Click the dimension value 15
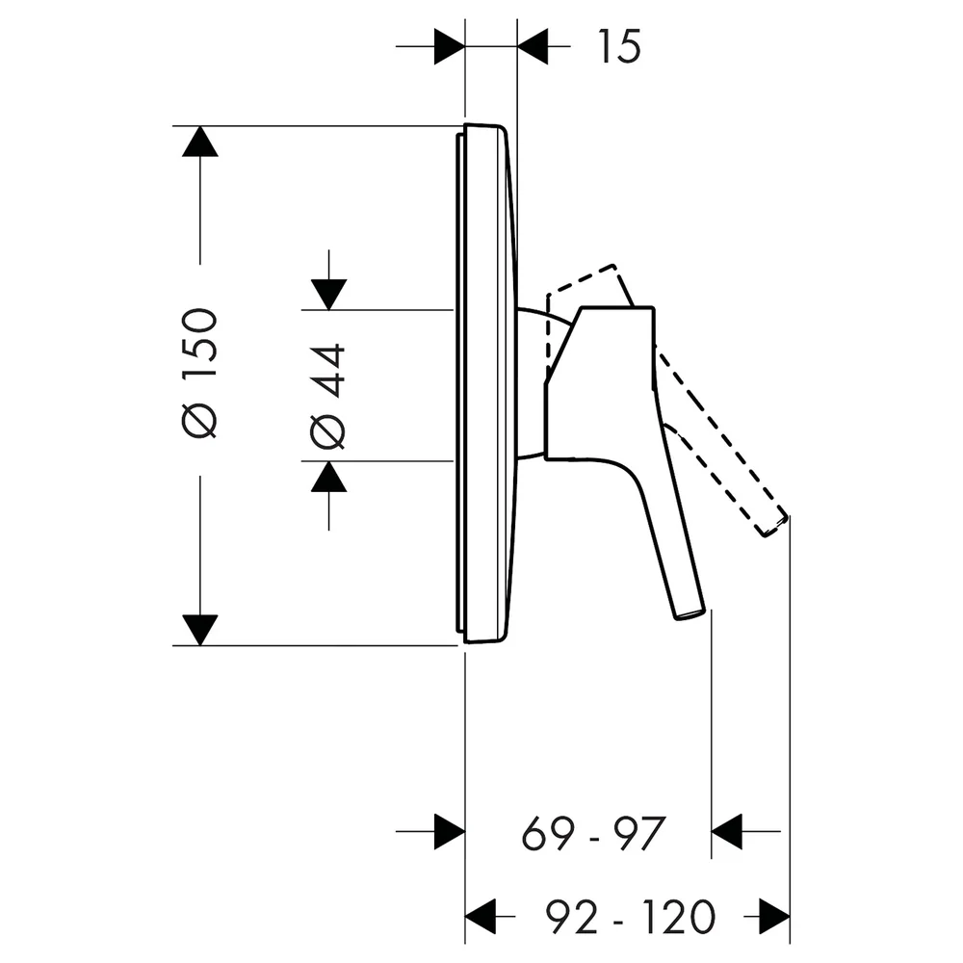619,46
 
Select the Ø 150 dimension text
200,374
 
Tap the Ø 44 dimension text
328,396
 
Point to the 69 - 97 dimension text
593,833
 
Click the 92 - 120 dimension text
631,917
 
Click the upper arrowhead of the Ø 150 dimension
200,142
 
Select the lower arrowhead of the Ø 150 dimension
200,630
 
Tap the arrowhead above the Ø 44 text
328,295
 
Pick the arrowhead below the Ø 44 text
328,477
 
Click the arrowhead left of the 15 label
534,46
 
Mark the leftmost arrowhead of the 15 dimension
450,46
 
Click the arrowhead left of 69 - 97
450,832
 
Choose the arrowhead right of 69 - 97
727,832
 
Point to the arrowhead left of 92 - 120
481,917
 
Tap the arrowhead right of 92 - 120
774,917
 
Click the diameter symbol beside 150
200,422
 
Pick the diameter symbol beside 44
328,431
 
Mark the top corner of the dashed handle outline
614,265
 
